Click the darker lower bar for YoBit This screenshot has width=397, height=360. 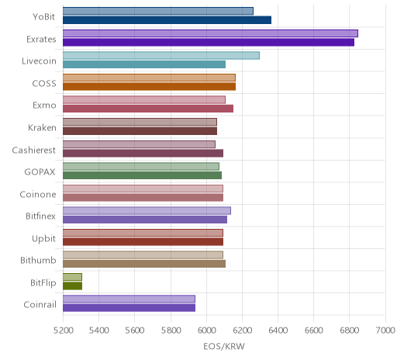167,20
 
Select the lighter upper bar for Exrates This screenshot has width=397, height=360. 210,33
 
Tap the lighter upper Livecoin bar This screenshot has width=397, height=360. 161,55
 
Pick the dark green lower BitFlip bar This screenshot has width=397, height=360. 72,286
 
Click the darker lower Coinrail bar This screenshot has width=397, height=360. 129,308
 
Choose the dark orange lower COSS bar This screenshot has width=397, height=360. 149,86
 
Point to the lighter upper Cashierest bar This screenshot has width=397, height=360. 139,144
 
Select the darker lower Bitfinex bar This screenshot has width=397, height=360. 145,220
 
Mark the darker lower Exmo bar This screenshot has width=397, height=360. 148,109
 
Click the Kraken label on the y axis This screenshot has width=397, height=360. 42,128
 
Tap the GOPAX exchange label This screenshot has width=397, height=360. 40,172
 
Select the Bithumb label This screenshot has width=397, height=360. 38,260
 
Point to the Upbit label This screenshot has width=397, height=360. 43,238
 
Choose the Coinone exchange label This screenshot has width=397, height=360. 38,194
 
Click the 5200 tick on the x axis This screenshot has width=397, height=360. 64,331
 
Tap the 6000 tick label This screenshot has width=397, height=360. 207,331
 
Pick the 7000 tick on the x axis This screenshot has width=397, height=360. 385,331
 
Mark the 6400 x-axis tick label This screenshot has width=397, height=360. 278,331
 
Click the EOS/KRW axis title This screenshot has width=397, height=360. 224,347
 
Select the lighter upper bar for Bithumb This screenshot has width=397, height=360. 143,254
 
